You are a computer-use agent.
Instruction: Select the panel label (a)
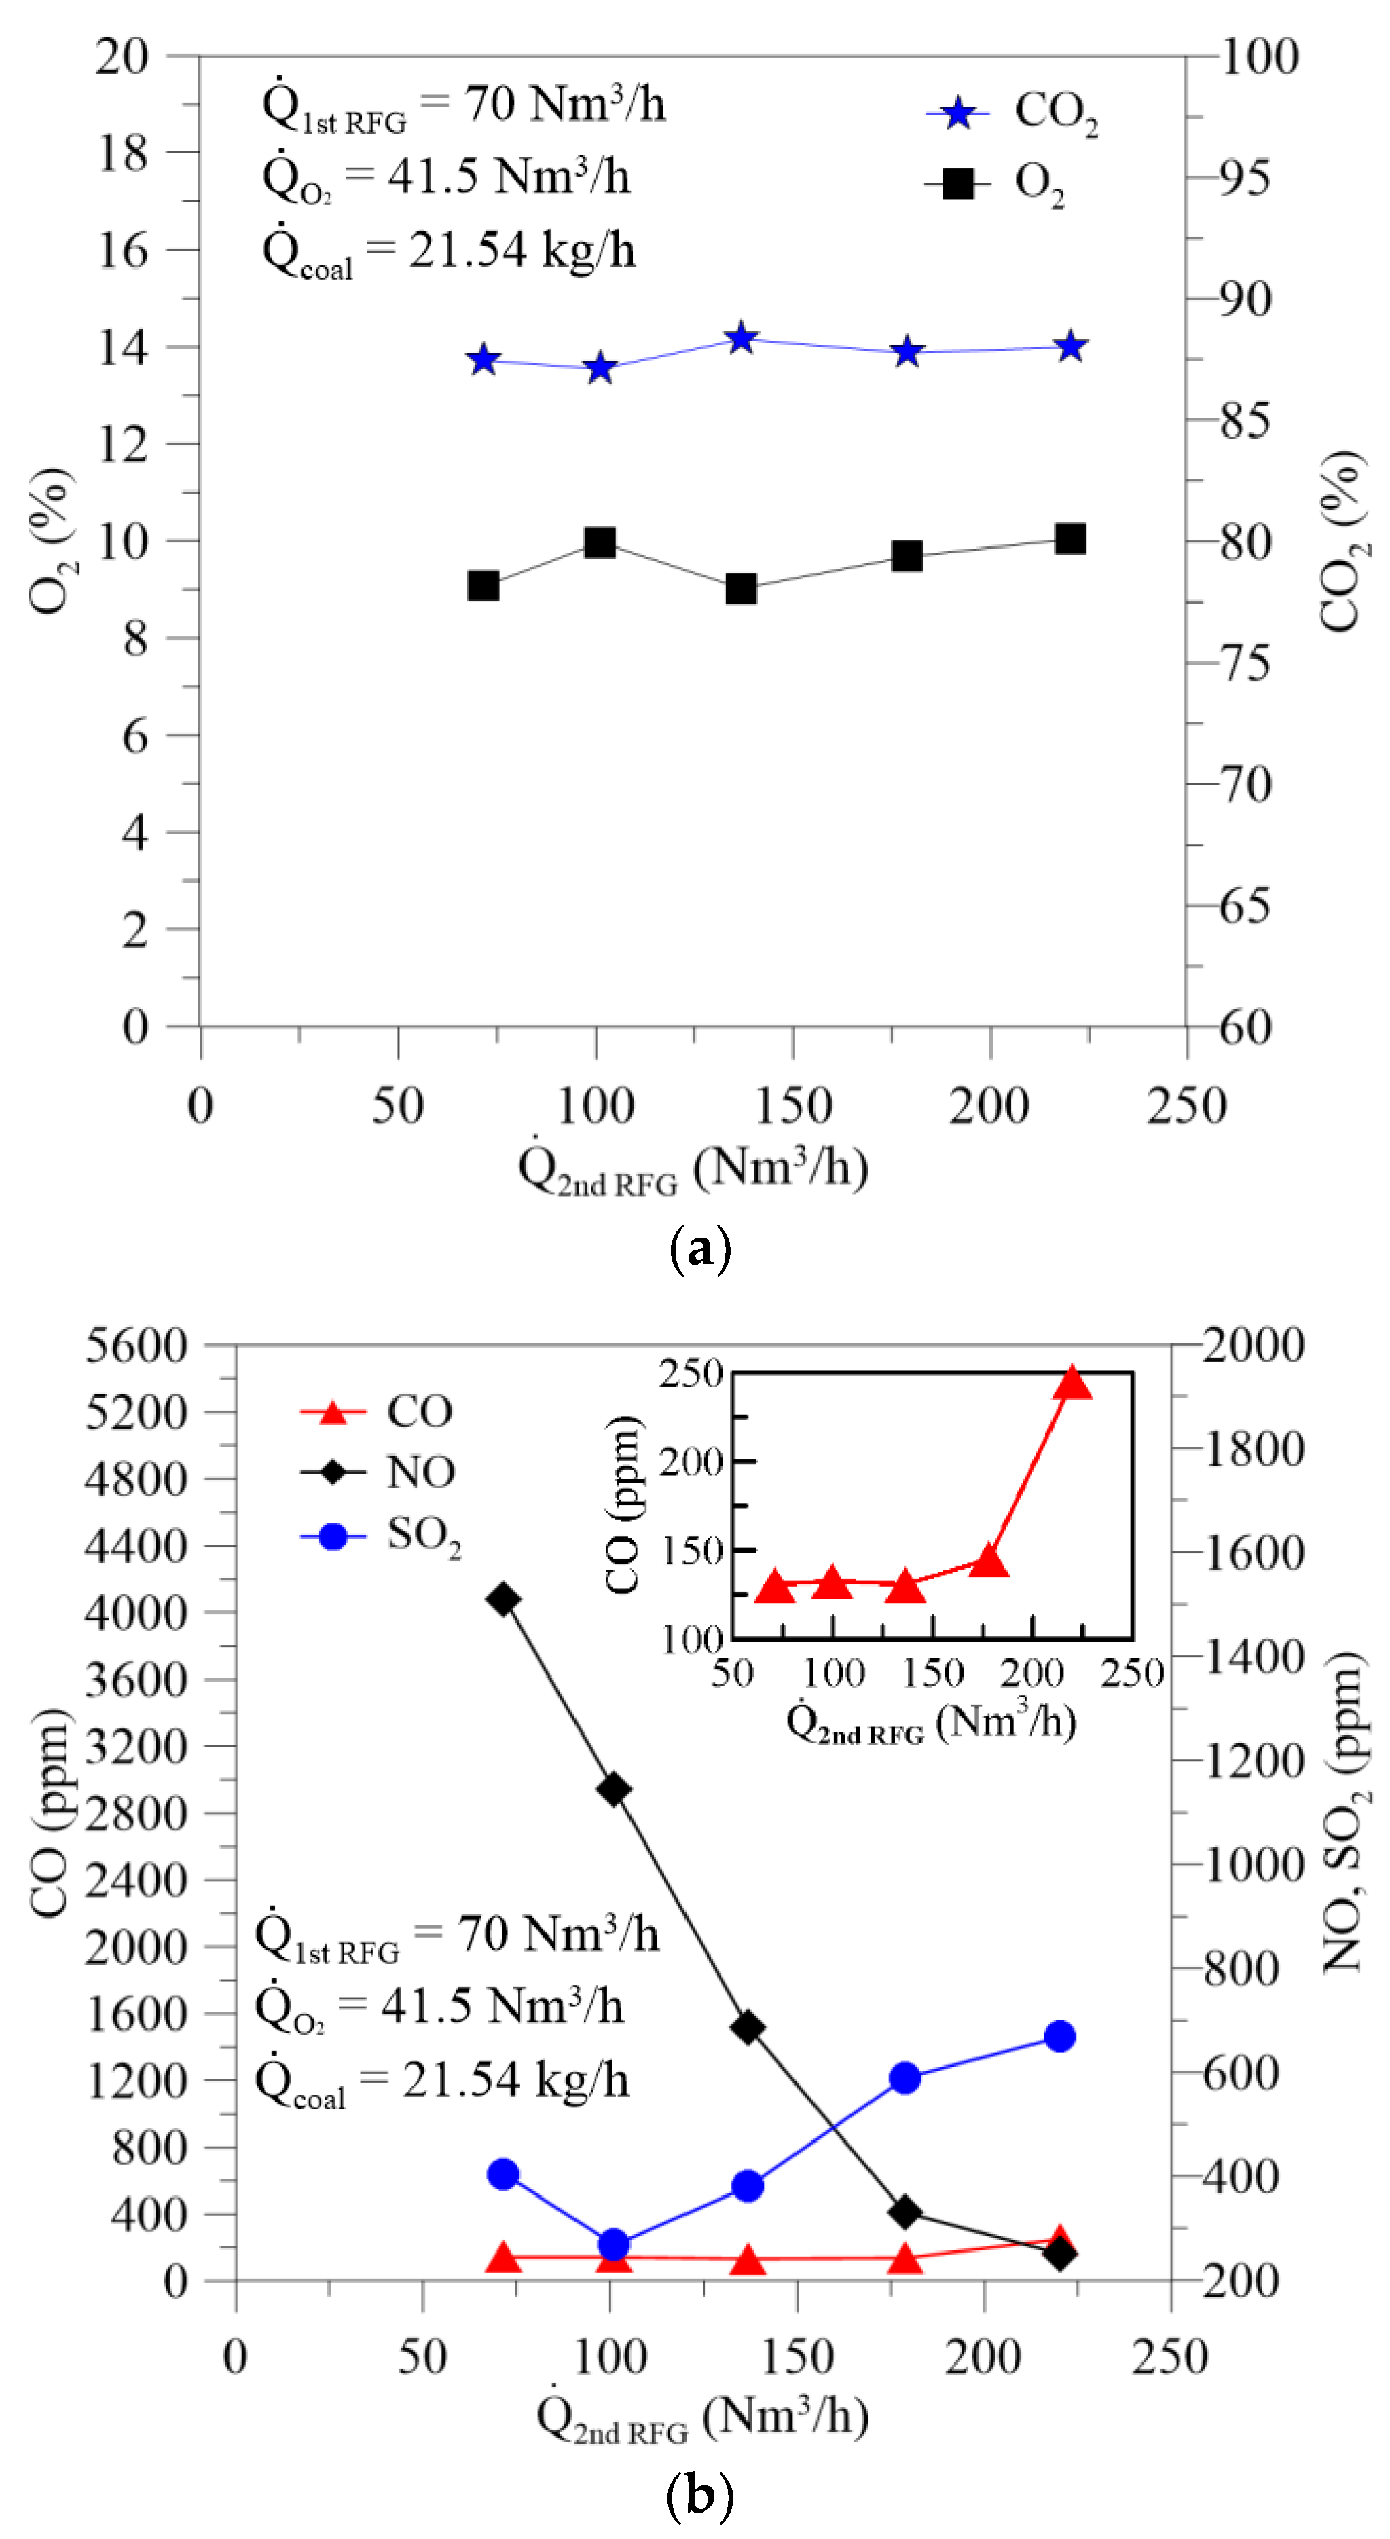point(700,1250)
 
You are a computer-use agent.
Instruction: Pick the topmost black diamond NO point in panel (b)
point(505,1599)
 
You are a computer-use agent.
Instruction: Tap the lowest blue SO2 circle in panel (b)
point(613,2245)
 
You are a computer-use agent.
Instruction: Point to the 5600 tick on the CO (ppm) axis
point(136,1346)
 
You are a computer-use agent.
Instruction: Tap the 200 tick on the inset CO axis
point(692,1462)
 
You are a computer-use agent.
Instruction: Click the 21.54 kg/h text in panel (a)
point(521,251)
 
